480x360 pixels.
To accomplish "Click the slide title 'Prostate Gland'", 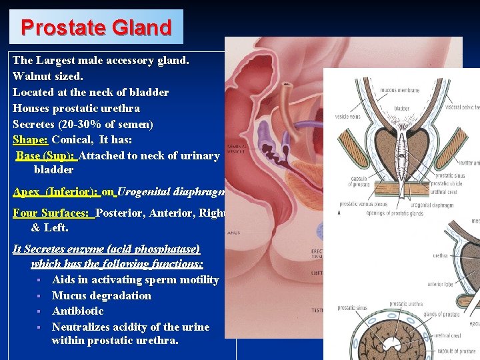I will point(96,27).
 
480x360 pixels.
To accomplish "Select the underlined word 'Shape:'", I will point(30,140).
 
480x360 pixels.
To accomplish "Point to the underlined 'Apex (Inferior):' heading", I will point(56,192).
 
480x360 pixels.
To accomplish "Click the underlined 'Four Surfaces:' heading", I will point(53,213).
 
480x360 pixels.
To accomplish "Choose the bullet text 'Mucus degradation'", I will point(101,295).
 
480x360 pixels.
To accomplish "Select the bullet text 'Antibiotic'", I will point(77,311).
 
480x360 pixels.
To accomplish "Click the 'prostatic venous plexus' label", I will point(363,203).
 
